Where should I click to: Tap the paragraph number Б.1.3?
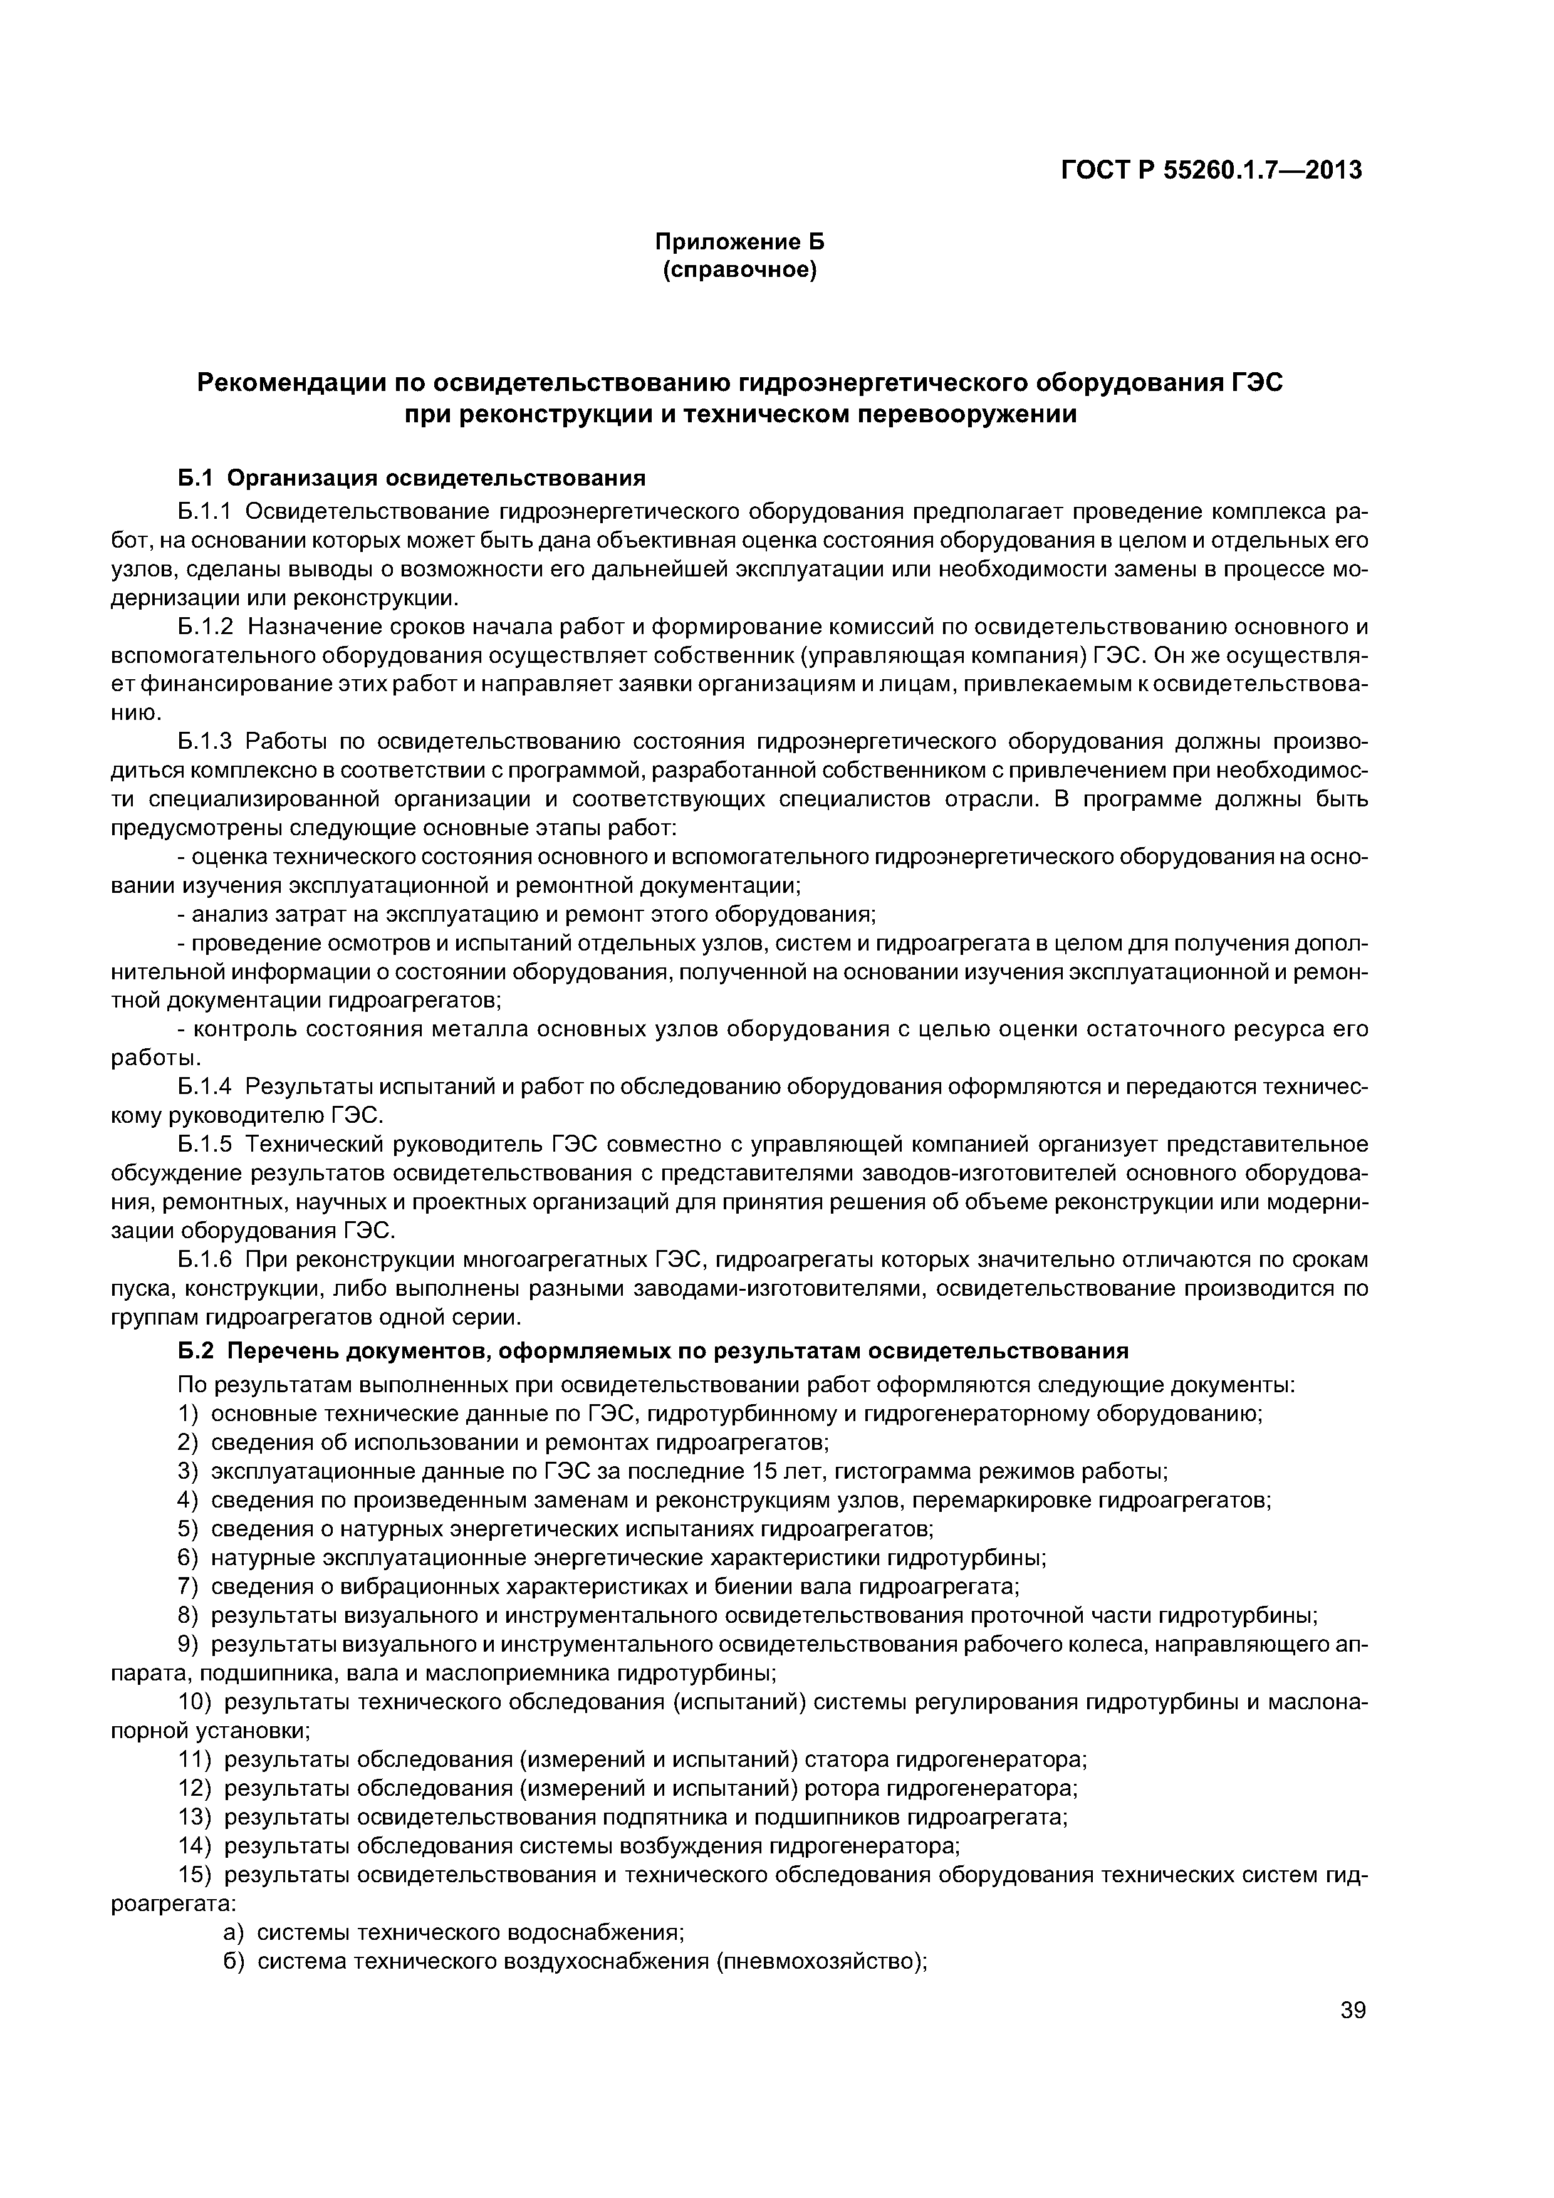click(x=206, y=741)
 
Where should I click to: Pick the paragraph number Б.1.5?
click(x=206, y=1144)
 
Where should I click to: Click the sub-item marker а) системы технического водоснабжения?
click(x=234, y=1931)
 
